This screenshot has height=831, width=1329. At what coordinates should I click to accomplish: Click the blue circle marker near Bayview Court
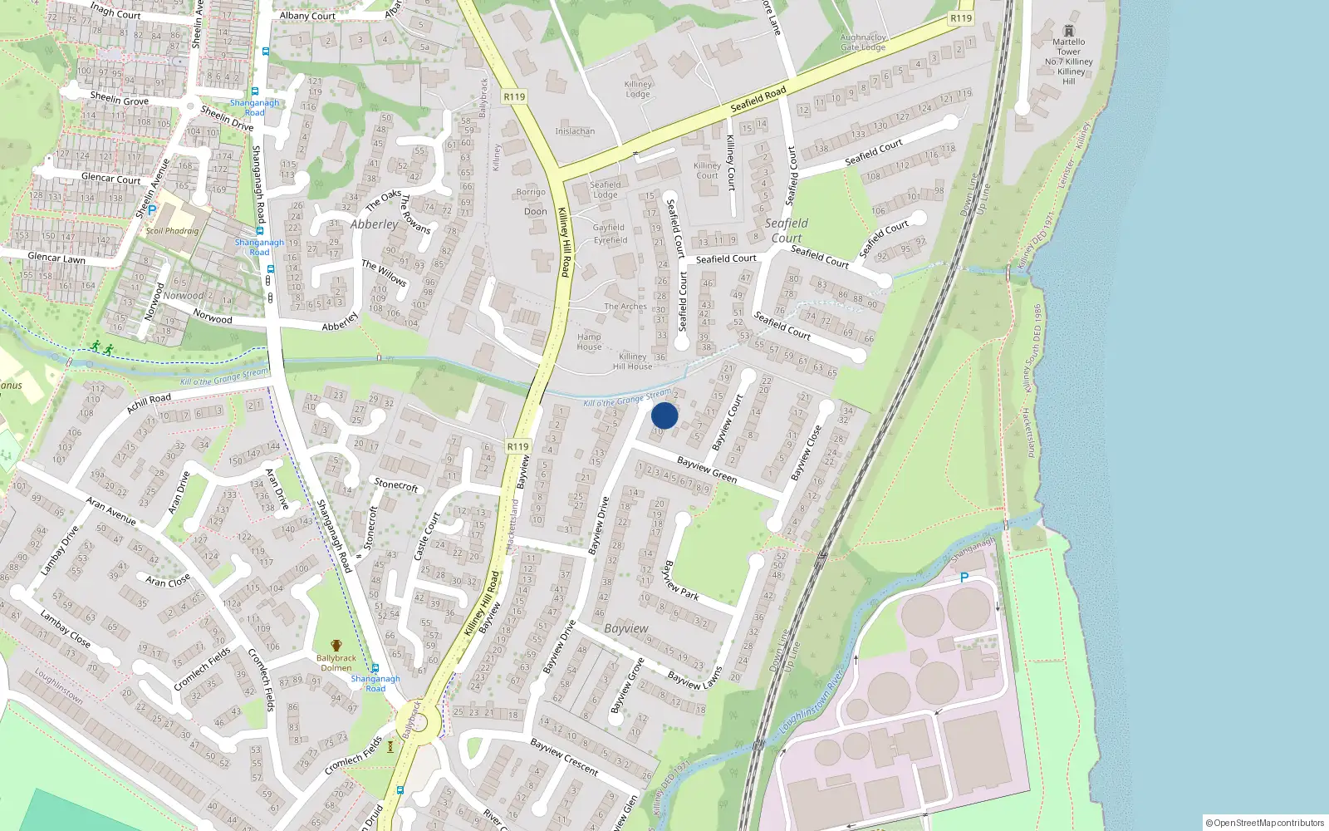(x=664, y=415)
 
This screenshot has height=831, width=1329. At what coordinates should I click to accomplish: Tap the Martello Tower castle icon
(x=1069, y=31)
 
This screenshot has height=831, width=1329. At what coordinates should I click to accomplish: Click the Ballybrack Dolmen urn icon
(x=336, y=646)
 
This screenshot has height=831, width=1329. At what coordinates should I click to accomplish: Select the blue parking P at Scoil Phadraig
(x=152, y=210)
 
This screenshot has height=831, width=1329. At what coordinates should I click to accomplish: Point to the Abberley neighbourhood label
(x=374, y=224)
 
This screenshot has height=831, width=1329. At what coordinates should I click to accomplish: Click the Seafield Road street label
(x=758, y=100)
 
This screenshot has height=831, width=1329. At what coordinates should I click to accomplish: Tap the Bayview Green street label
(x=707, y=470)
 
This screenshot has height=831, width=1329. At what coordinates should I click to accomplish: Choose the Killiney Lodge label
(x=638, y=89)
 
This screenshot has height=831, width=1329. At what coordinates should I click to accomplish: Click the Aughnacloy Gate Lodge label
(x=863, y=42)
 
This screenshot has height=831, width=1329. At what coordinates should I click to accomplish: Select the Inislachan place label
(x=575, y=131)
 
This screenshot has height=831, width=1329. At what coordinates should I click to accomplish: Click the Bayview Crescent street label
(x=564, y=757)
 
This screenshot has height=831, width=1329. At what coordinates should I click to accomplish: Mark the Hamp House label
(x=589, y=342)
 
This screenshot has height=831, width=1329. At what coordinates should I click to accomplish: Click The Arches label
(x=625, y=307)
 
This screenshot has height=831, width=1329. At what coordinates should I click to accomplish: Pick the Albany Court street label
(x=307, y=16)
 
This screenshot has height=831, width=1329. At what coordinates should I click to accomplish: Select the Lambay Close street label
(x=65, y=628)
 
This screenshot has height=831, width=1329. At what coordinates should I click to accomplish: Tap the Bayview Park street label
(x=679, y=581)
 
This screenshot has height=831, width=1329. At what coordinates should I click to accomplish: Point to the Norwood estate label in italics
(x=183, y=296)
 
